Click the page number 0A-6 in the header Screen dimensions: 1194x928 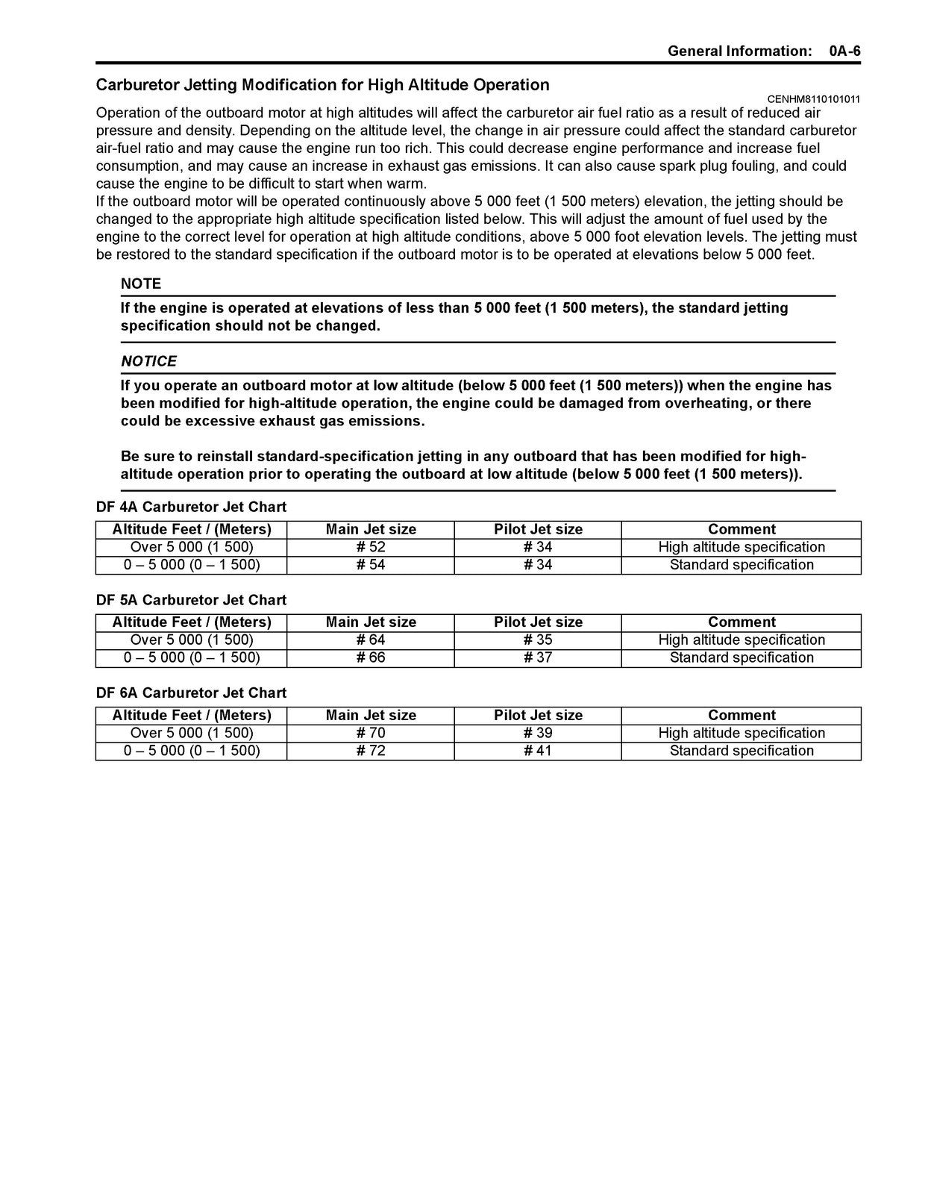(x=844, y=51)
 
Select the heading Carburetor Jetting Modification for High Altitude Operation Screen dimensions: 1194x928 (x=322, y=85)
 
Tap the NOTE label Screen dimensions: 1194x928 (x=141, y=284)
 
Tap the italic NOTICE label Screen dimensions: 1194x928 (x=149, y=361)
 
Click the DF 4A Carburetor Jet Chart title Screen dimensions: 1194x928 (x=191, y=507)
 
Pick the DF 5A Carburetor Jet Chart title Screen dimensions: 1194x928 (x=191, y=600)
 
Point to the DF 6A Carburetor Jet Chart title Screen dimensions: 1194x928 (x=191, y=693)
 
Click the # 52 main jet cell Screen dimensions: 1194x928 (x=371, y=547)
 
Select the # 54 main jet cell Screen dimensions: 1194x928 (x=371, y=565)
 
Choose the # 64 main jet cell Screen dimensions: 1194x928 (x=371, y=640)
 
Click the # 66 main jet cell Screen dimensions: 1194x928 (x=371, y=657)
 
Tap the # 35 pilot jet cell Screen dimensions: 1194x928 (x=538, y=640)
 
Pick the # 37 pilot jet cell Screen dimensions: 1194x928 (x=538, y=657)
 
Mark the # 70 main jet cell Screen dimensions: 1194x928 (x=371, y=733)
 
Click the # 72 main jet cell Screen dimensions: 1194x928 (x=371, y=751)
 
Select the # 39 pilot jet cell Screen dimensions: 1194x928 (x=538, y=733)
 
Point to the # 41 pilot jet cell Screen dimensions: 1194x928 (x=538, y=751)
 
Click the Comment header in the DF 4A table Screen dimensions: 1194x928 (x=742, y=529)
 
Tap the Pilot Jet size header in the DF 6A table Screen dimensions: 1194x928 (x=538, y=715)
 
